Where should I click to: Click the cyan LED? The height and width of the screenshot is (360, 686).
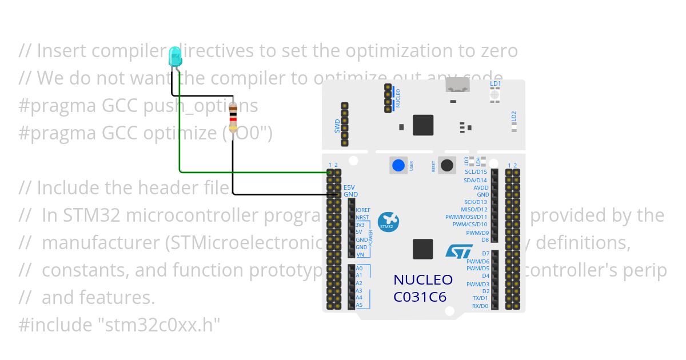click(174, 56)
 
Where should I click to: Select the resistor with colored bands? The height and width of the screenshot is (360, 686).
click(233, 118)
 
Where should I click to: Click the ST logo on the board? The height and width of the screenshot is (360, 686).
click(459, 251)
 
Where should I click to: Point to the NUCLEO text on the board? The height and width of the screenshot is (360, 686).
click(423, 280)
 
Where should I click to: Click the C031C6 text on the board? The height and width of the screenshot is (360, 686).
click(420, 297)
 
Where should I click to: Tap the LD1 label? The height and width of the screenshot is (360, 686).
click(495, 84)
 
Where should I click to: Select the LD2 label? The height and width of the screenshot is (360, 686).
click(513, 116)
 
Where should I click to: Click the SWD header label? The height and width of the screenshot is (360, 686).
click(337, 126)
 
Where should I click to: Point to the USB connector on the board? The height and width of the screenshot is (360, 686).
click(457, 86)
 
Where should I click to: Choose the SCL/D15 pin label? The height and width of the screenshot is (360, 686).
click(476, 172)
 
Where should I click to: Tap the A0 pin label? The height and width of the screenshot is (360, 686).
click(359, 268)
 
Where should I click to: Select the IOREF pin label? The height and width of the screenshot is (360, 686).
click(363, 210)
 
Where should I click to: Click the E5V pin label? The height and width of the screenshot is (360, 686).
click(349, 187)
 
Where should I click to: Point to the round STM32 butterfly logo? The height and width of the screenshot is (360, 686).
click(388, 221)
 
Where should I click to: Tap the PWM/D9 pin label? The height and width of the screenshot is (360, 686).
click(477, 233)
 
